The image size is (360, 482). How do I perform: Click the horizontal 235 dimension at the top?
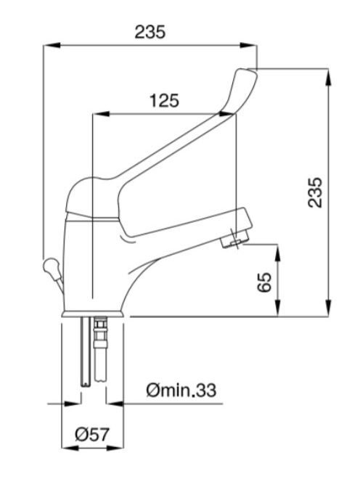pos(150,32)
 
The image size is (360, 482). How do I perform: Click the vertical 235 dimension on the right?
pos(316,192)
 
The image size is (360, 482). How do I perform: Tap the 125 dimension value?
pos(164,100)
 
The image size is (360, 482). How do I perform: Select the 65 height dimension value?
pos(265,282)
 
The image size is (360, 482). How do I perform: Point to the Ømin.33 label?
pos(181,390)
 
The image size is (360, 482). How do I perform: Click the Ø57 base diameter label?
pos(92,435)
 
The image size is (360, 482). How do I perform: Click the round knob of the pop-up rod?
pos(50,266)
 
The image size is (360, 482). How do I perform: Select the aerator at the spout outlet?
pos(233,240)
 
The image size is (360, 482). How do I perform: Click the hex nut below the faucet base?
pos(100,324)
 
